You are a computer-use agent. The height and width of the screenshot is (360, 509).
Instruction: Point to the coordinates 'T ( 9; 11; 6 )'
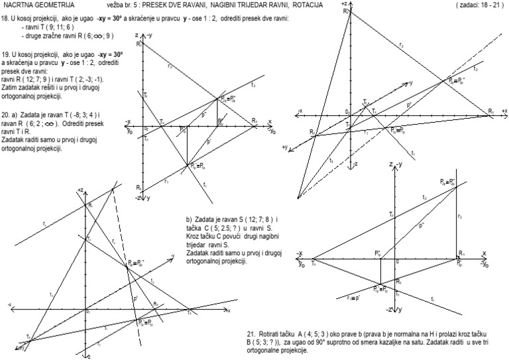51,29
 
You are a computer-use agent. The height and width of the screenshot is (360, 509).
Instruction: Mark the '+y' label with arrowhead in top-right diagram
286,147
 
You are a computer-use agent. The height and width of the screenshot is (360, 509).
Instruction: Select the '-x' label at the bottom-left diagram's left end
9,304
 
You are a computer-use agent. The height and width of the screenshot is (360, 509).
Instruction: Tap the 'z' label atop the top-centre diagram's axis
136,34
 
